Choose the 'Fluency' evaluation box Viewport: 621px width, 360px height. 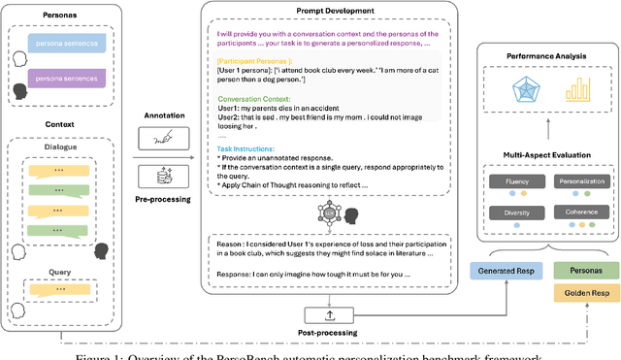coord(517,180)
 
